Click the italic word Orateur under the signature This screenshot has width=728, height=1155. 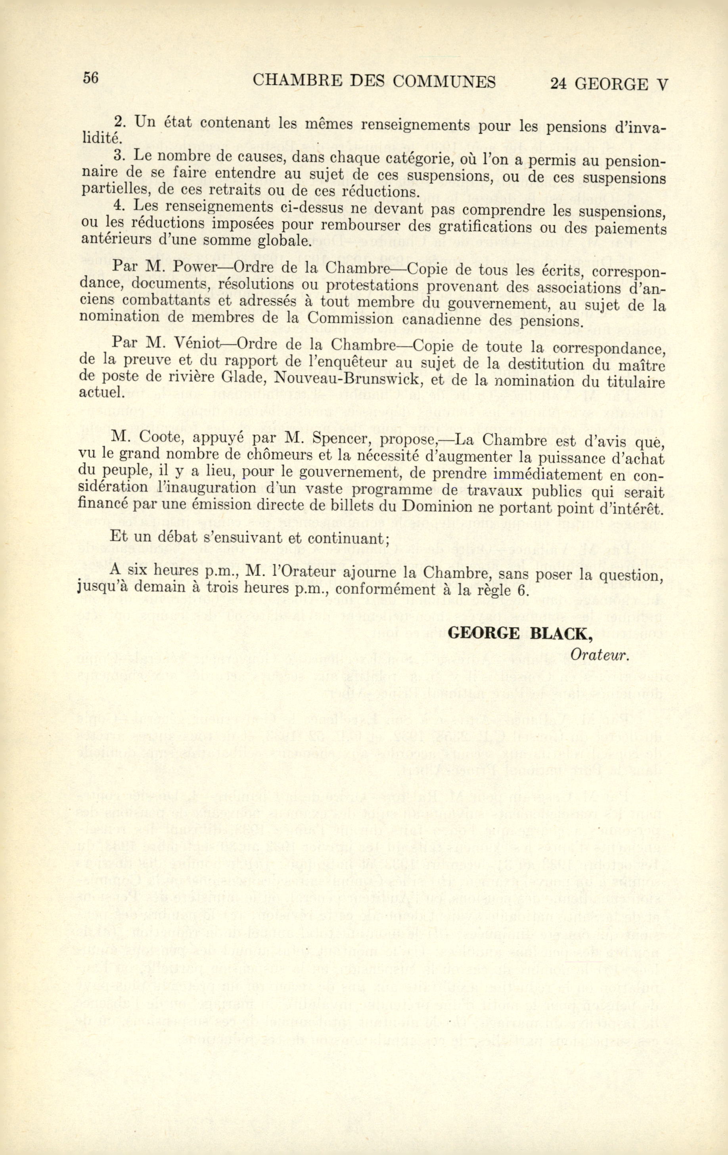(600, 655)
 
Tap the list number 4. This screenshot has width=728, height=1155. (119, 206)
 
